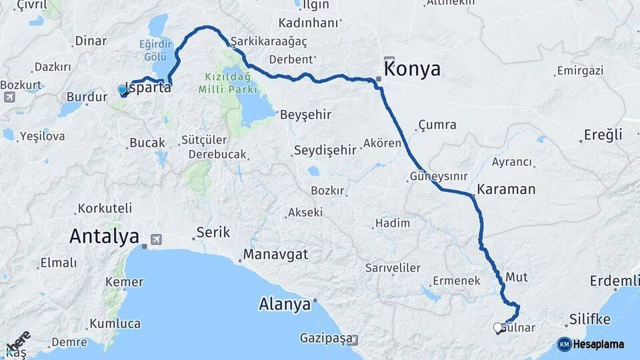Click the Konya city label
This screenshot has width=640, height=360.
point(413,69)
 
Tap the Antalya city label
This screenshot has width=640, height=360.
point(104,236)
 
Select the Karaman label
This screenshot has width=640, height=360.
point(506,189)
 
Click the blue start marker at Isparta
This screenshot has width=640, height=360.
point(122,89)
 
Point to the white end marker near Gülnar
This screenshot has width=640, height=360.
point(497,327)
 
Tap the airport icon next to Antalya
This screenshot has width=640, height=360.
point(157,239)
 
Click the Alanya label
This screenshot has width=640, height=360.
point(285,305)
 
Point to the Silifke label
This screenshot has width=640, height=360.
point(590,319)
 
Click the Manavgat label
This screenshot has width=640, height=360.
point(275,254)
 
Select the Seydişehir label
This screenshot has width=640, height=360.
point(325,149)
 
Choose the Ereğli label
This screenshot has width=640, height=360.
point(603,135)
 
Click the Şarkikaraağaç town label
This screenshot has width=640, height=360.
point(270,41)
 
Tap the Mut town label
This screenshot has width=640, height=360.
point(517,276)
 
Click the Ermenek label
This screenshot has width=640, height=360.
point(457,281)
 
